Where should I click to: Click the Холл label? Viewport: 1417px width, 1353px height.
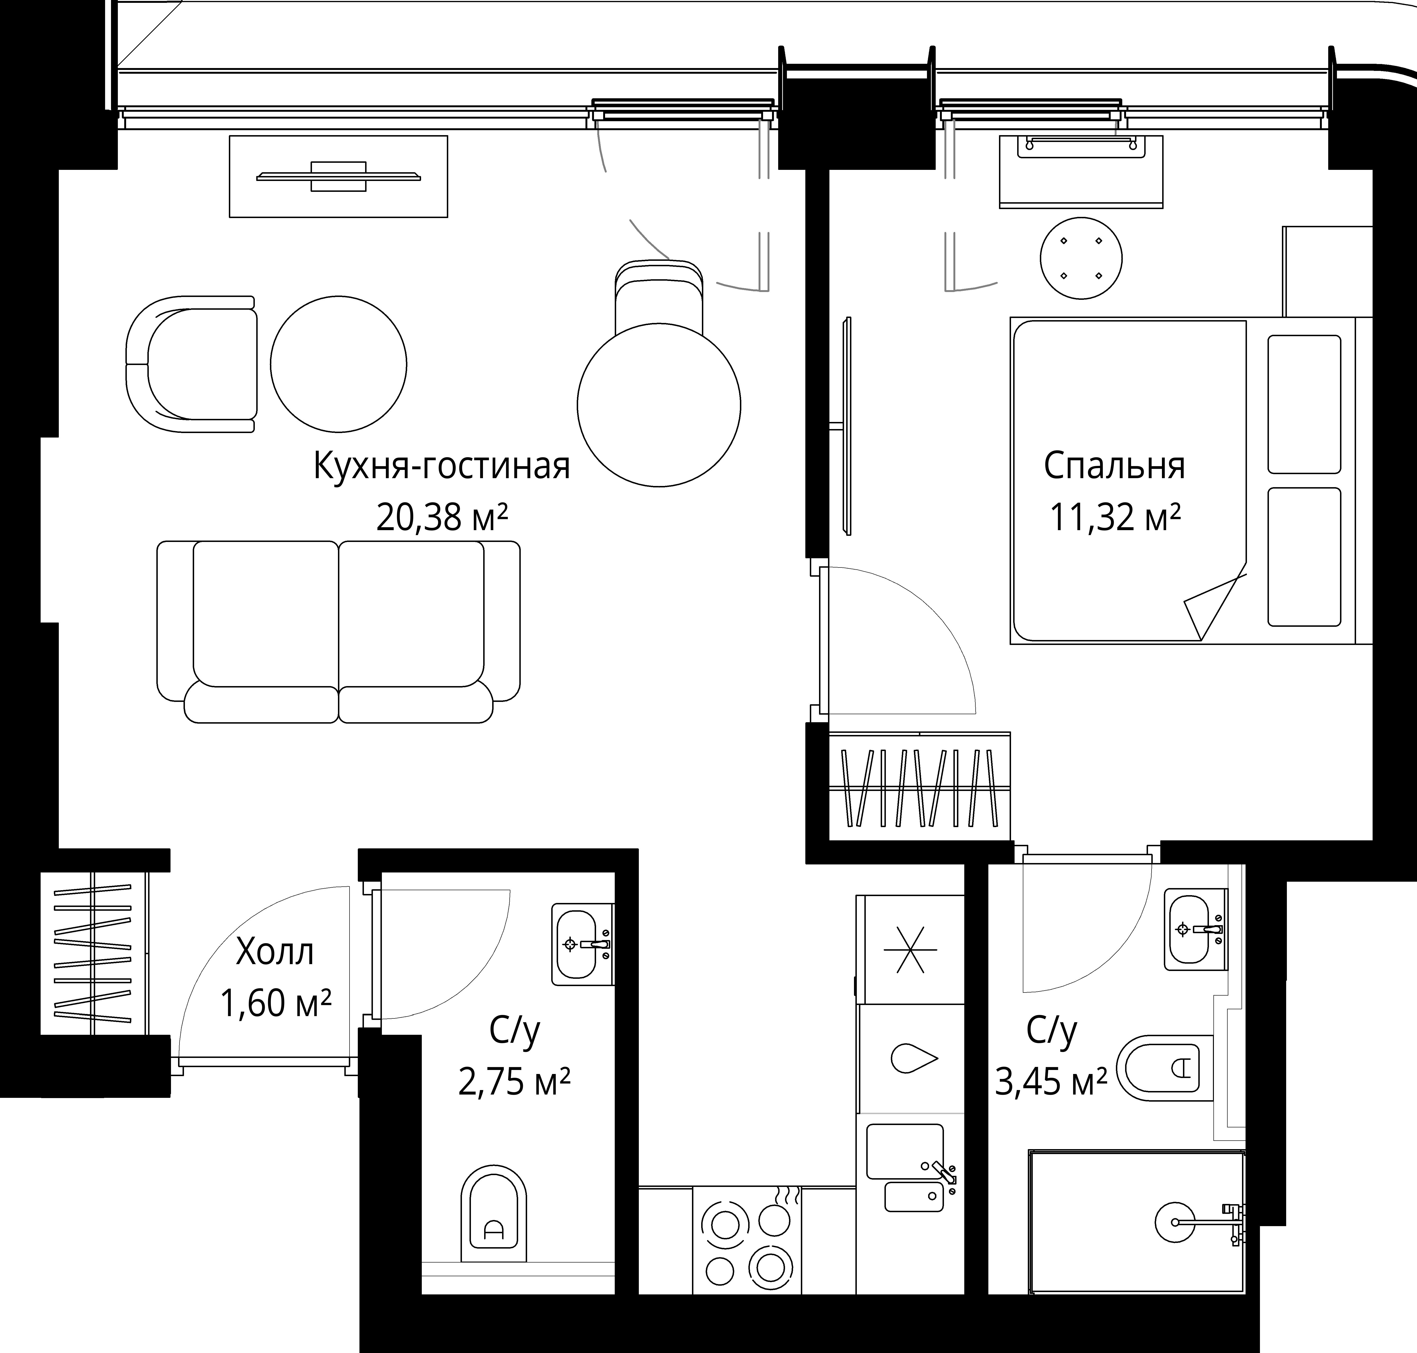[x=275, y=952]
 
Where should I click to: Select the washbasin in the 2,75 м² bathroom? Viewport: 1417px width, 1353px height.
[x=583, y=944]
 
